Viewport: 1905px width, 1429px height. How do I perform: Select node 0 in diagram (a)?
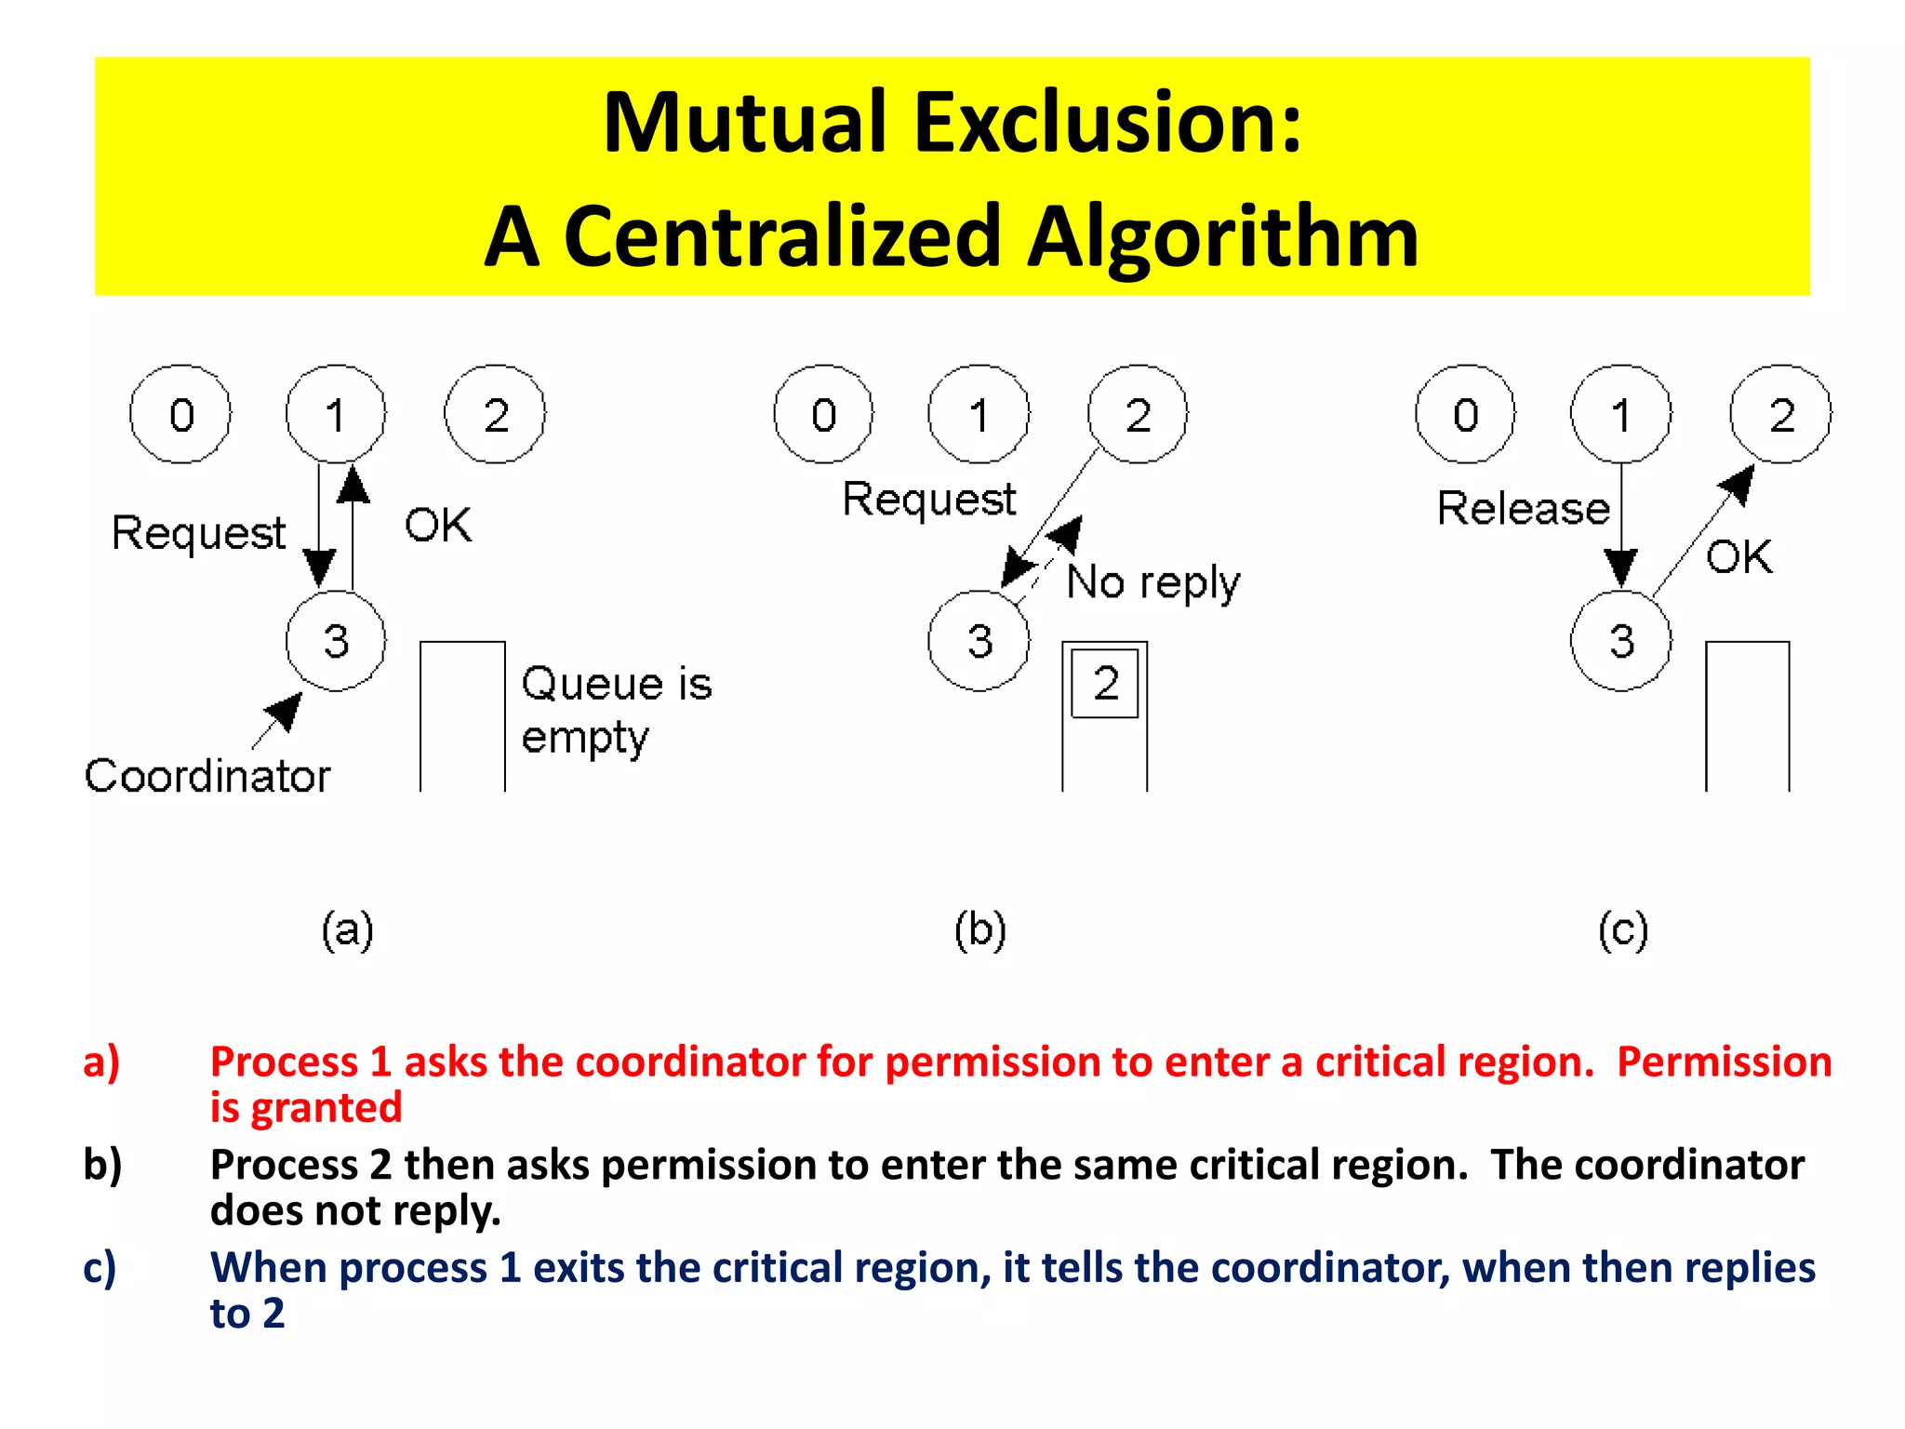pyautogui.click(x=180, y=414)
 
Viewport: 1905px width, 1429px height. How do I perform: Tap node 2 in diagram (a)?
pyautogui.click(x=495, y=414)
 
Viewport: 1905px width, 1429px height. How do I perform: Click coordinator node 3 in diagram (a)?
pyautogui.click(x=336, y=641)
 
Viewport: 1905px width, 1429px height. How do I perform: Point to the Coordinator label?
pyautogui.click(x=207, y=776)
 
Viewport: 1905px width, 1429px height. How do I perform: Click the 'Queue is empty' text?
pyautogui.click(x=616, y=710)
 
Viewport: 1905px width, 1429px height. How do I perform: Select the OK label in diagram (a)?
pyautogui.click(x=438, y=526)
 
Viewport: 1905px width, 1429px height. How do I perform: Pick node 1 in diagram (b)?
pyautogui.click(x=979, y=414)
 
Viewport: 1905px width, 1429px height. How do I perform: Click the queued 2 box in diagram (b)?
pyautogui.click(x=1105, y=684)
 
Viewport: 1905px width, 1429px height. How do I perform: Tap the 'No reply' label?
pyautogui.click(x=1152, y=583)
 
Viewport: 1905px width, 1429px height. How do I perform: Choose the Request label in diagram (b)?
pyautogui.click(x=928, y=500)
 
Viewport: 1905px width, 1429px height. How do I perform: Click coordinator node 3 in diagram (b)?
pyautogui.click(x=979, y=641)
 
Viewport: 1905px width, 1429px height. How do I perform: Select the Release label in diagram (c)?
pyautogui.click(x=1523, y=509)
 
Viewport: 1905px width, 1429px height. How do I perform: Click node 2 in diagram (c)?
pyautogui.click(x=1780, y=414)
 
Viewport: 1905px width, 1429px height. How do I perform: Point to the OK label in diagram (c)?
pyautogui.click(x=1738, y=557)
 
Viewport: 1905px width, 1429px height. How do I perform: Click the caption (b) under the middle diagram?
pyautogui.click(x=980, y=929)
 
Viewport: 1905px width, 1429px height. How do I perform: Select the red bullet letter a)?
pyautogui.click(x=101, y=1062)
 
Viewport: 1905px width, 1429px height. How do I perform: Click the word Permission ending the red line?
pyautogui.click(x=1724, y=1062)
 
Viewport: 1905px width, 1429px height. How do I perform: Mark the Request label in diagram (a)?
pyautogui.click(x=198, y=533)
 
